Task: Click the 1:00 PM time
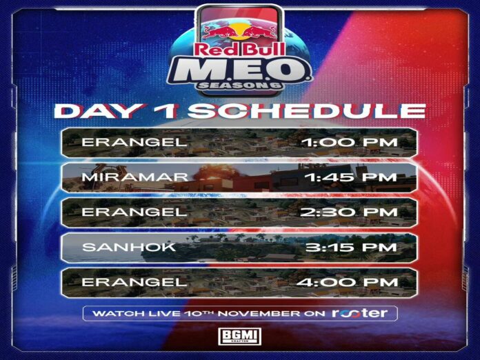point(350,142)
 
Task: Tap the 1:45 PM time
point(352,177)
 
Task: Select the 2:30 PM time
point(349,212)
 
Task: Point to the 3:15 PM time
point(352,247)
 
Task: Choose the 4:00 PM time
point(348,282)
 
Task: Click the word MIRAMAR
point(135,177)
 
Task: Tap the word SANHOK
point(129,247)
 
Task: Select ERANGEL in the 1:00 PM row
point(134,142)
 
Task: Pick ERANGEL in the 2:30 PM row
point(134,212)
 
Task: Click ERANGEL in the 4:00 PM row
point(134,282)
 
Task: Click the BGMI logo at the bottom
point(240,336)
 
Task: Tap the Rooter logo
point(360,313)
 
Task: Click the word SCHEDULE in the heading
point(306,111)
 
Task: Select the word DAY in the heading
point(99,111)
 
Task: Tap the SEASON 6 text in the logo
point(240,86)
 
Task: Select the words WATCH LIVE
point(137,314)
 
